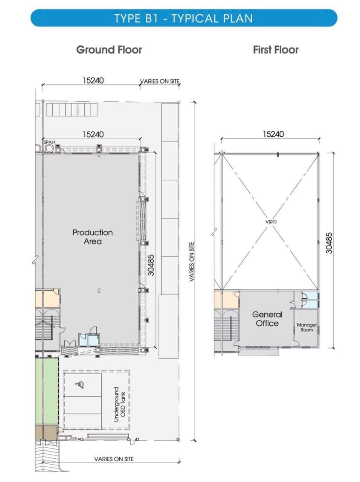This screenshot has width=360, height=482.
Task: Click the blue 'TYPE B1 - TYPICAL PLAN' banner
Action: click(x=184, y=18)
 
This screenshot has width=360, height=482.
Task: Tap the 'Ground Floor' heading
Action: click(x=109, y=50)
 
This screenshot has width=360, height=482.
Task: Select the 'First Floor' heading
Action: click(x=276, y=50)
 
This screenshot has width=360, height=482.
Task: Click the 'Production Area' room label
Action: click(x=93, y=237)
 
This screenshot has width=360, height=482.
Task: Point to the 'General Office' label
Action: click(x=267, y=319)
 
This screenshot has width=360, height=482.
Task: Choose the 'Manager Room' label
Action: click(x=307, y=327)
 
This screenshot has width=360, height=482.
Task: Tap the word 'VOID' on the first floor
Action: click(x=271, y=221)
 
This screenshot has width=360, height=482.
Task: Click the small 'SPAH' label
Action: click(x=49, y=142)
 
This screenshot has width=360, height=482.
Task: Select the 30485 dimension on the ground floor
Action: click(x=151, y=265)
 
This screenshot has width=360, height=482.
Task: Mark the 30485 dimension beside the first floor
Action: click(x=329, y=243)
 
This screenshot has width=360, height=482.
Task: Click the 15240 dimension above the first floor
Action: click(x=273, y=134)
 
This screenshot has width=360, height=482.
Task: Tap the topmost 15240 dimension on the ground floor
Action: click(x=93, y=81)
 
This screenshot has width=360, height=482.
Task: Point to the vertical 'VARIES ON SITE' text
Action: click(x=192, y=262)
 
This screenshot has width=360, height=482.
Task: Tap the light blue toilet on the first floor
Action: click(x=310, y=300)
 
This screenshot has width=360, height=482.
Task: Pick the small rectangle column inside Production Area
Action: click(x=99, y=291)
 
